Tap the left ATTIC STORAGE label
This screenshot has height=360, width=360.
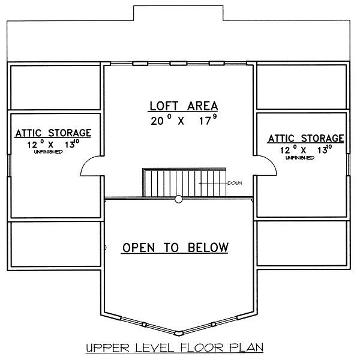point(53,133)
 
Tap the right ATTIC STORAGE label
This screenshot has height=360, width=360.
point(306,139)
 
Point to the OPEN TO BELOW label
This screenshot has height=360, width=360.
point(175,247)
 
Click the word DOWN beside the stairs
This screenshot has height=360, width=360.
point(234,183)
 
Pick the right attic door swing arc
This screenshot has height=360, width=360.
point(266,166)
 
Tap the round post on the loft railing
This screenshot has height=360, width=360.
point(178,199)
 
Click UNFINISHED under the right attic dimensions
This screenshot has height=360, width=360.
point(299,157)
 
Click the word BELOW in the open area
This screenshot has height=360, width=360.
point(208,247)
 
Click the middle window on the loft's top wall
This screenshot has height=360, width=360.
point(178,63)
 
